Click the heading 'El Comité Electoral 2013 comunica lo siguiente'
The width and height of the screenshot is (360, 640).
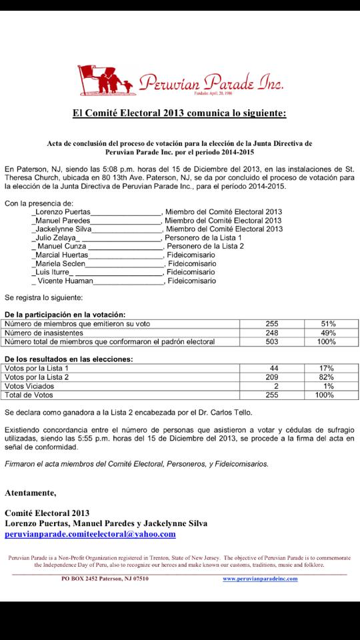click(x=179, y=113)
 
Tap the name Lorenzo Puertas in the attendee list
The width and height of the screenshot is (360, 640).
click(x=57, y=211)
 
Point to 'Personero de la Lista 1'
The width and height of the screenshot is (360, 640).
click(x=203, y=237)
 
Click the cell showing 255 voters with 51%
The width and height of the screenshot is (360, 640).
click(x=271, y=323)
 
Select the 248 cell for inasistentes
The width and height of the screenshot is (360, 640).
click(x=271, y=332)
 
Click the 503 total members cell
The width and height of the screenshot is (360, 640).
click(x=271, y=341)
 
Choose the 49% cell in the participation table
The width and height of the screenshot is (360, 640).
click(x=327, y=332)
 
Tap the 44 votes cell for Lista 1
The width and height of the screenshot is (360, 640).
click(x=273, y=368)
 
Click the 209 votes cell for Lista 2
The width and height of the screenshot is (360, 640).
click(x=272, y=377)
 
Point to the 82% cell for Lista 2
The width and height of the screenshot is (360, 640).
click(x=327, y=377)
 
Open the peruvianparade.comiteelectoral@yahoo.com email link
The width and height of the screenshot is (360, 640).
click(x=90, y=534)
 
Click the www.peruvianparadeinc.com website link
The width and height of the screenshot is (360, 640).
click(x=260, y=579)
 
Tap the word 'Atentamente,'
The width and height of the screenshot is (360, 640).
click(x=31, y=493)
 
